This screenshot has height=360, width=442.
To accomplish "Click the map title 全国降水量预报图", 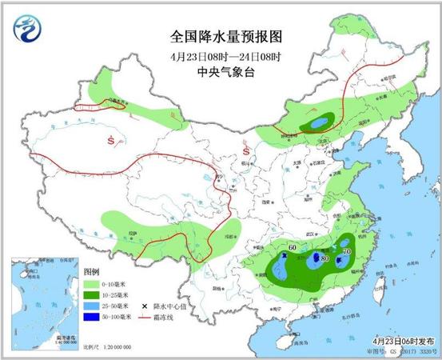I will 227,37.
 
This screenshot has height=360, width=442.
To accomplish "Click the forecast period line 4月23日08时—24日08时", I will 227,57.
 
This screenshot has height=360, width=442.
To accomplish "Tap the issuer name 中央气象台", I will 227,73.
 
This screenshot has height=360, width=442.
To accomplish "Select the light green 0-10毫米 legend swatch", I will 92,284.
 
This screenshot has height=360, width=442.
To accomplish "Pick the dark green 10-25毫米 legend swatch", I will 92,295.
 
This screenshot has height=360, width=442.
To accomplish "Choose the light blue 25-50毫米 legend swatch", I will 92,306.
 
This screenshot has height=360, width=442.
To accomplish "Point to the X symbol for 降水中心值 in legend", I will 144,306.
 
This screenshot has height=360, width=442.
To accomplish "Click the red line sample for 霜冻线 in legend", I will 144,318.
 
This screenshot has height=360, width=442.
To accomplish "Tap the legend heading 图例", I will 93,273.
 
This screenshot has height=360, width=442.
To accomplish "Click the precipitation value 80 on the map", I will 325,259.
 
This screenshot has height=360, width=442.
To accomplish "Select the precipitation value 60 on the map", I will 293,248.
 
